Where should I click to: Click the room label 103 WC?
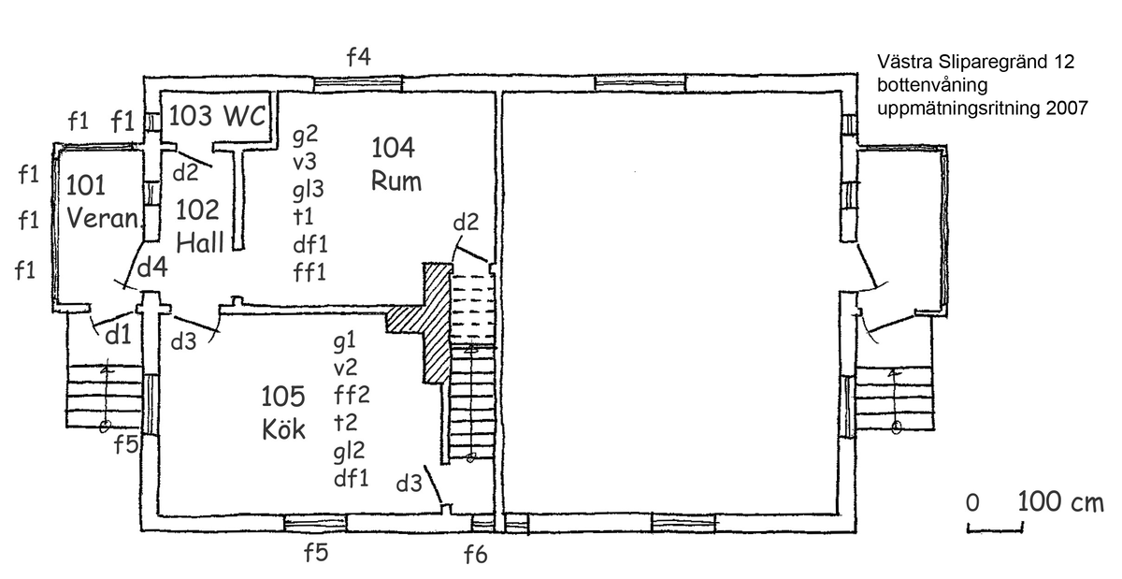tap(217, 116)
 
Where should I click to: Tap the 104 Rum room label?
tap(396, 164)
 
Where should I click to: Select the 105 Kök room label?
tap(283, 413)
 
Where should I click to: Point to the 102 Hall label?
tap(199, 226)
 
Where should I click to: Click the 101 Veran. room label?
tap(103, 201)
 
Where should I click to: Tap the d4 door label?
tap(152, 267)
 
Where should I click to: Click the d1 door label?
tap(118, 334)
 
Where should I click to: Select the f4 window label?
tap(359, 56)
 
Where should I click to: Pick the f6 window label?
tap(475, 554)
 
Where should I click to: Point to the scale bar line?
tap(995, 528)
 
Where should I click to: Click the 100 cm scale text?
tap(1060, 501)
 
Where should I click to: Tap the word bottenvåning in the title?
tap(932, 85)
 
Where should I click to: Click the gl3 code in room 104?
tap(308, 190)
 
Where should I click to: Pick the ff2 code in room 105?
tap(352, 395)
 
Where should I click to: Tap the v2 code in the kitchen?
tap(345, 369)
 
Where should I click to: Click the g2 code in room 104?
tap(305, 135)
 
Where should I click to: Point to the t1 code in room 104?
tap(303, 217)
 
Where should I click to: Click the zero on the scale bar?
tap(972, 502)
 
